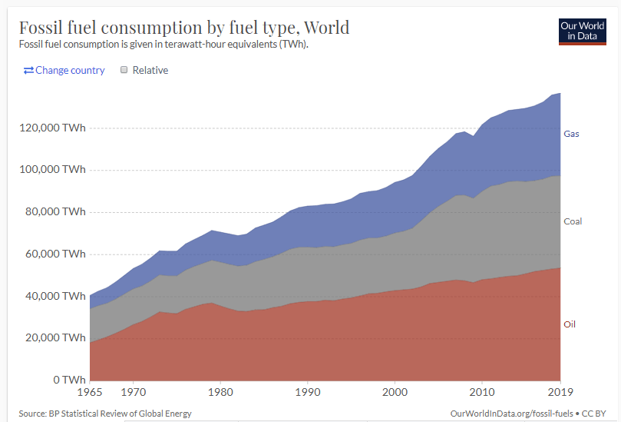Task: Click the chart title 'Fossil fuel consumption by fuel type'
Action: tap(183, 28)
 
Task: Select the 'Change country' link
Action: tap(64, 70)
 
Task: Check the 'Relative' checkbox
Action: tap(124, 70)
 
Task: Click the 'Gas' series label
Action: tap(571, 134)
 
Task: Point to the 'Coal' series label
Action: tap(573, 221)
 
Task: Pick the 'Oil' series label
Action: tap(570, 324)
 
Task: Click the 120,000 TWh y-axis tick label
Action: tap(52, 128)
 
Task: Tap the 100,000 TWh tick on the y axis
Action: tap(52, 170)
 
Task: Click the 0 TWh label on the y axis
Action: tap(69, 380)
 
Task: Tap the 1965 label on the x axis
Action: tap(91, 392)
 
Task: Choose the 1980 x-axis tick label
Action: tap(221, 392)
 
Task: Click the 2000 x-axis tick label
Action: tap(395, 392)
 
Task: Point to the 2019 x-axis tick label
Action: tap(560, 392)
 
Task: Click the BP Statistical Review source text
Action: tap(105, 414)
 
